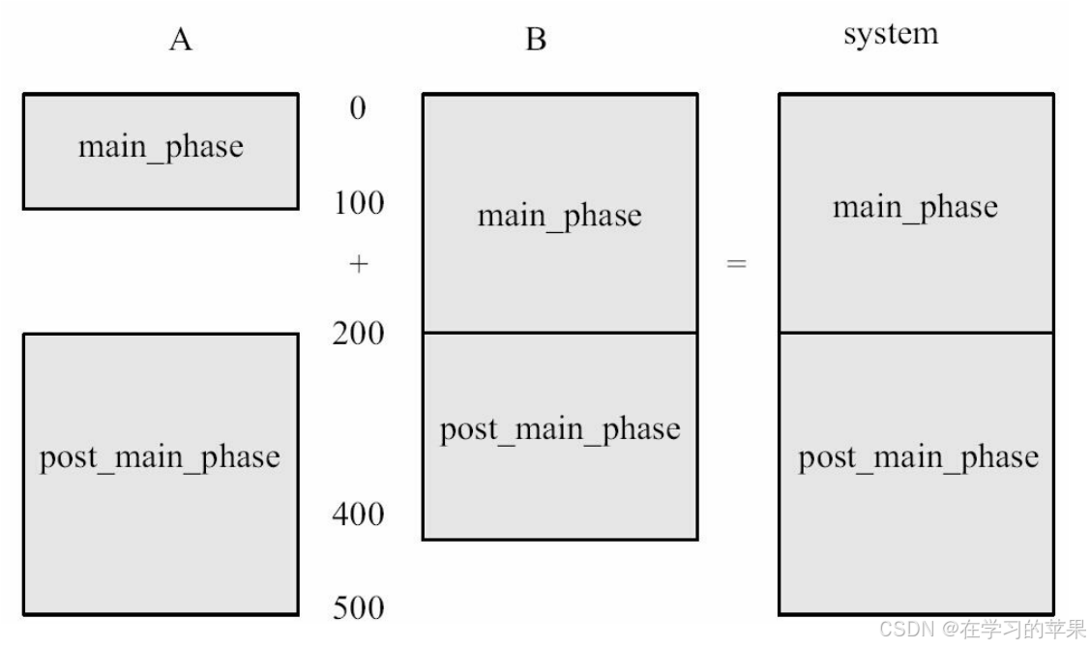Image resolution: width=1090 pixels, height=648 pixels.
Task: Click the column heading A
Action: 180,41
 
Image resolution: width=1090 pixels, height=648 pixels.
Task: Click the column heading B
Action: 535,41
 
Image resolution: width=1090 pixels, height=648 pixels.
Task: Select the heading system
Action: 890,35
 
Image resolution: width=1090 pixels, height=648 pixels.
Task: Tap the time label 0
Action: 358,108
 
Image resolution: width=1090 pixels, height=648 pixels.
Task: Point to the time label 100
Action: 358,203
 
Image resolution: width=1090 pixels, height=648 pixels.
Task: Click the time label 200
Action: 358,334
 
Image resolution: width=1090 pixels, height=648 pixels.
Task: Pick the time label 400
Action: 358,515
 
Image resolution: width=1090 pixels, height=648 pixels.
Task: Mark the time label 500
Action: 358,608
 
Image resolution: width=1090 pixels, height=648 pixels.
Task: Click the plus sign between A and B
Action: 359,264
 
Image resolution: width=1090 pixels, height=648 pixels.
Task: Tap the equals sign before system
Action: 737,264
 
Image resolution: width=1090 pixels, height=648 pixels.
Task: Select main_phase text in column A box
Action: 161,147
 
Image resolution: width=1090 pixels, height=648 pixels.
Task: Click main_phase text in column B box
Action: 559,215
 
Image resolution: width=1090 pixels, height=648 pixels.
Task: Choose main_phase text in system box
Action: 915,207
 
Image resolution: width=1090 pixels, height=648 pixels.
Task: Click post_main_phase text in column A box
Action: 160,457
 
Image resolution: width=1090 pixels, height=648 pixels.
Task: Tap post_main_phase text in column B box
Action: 560,429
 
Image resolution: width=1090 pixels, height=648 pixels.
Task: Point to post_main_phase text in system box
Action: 918,457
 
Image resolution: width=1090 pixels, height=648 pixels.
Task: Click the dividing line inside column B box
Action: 560,333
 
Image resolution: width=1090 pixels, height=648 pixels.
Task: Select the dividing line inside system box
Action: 916,333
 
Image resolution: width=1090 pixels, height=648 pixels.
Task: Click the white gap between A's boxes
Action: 161,271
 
